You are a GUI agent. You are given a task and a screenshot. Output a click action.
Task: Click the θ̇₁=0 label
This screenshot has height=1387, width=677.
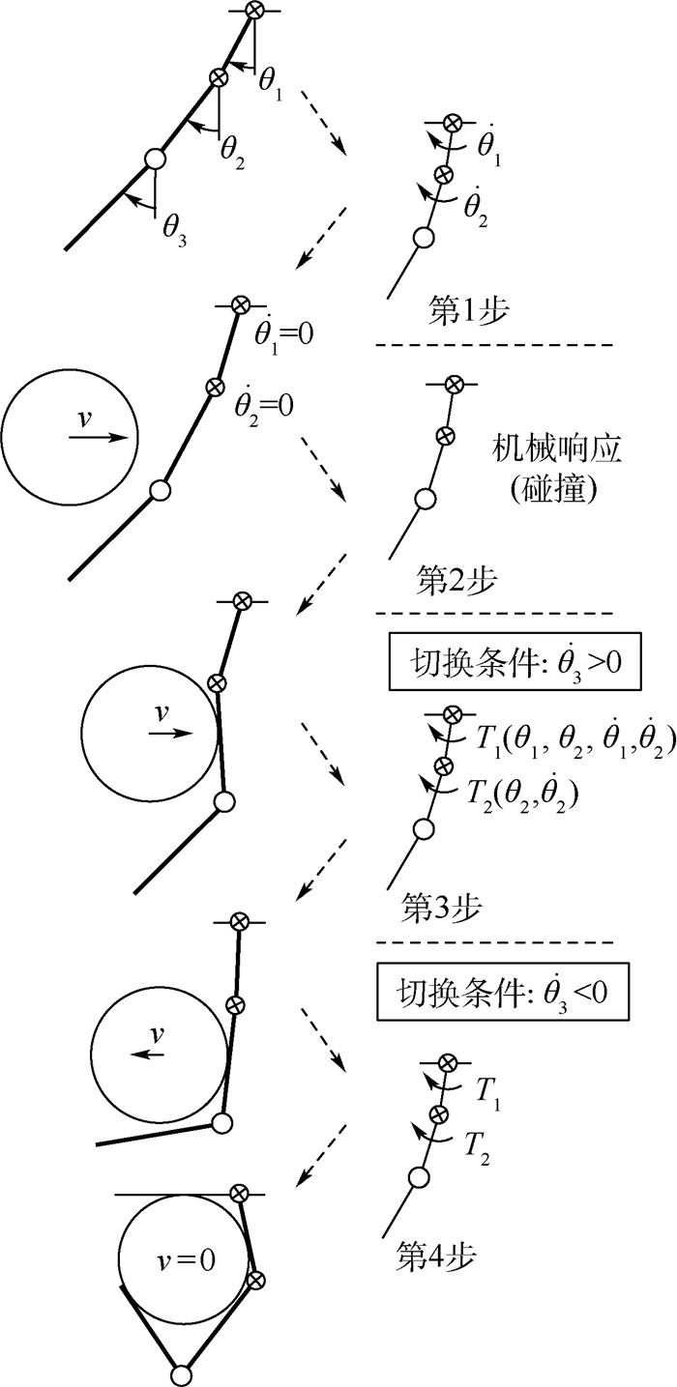coord(281,334)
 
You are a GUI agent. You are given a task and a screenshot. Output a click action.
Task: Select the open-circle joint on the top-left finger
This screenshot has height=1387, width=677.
coord(153,159)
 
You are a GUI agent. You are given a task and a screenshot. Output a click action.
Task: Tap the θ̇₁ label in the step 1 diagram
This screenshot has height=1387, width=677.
coord(490,146)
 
